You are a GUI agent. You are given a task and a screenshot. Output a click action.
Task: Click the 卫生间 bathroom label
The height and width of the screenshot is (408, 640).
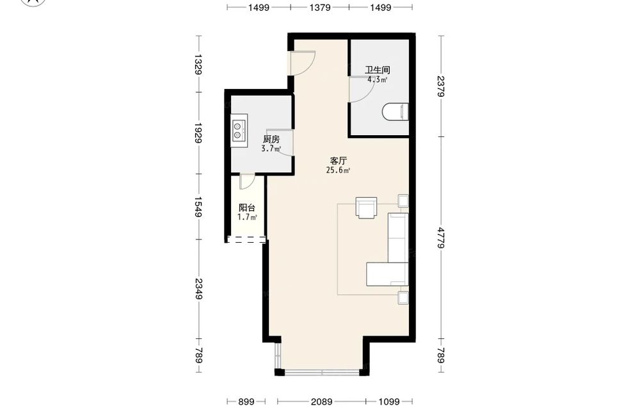(x=377, y=70)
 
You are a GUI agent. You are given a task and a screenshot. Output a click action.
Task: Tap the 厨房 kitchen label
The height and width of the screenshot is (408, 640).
(x=271, y=139)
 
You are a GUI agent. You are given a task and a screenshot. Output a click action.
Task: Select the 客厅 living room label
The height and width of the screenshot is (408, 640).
(x=338, y=161)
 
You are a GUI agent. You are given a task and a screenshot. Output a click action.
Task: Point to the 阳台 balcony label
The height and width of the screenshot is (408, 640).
(x=247, y=208)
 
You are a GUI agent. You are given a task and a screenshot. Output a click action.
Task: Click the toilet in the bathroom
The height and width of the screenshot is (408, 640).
(x=396, y=112)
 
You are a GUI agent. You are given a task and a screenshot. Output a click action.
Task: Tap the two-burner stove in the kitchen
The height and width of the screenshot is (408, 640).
(x=239, y=130)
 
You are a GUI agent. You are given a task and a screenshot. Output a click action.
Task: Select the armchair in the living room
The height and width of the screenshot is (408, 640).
(x=366, y=208)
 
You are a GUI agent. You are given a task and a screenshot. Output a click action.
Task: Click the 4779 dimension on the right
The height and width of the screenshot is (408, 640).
(x=441, y=238)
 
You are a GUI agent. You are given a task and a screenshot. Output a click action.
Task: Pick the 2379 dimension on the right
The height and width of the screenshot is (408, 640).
(x=441, y=86)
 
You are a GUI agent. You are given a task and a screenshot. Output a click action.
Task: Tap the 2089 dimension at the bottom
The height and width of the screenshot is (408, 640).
(x=322, y=402)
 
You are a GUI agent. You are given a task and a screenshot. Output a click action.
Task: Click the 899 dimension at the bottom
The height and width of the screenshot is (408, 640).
(x=246, y=402)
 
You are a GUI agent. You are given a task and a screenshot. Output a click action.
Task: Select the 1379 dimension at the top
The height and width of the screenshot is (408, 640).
(x=320, y=7)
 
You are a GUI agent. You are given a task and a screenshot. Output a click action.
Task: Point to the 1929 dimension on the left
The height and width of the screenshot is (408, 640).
(x=198, y=133)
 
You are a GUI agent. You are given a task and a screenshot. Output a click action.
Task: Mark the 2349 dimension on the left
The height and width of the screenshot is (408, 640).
(x=198, y=289)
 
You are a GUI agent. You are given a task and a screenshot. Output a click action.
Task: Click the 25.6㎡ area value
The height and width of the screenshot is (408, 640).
(x=338, y=170)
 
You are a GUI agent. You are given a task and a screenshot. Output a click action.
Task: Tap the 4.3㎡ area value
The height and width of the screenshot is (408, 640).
(x=377, y=79)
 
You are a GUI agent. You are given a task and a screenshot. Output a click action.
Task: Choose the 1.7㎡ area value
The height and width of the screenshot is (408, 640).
(x=247, y=217)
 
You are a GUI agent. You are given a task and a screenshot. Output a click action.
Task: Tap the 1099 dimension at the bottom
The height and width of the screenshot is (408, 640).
(x=388, y=402)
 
